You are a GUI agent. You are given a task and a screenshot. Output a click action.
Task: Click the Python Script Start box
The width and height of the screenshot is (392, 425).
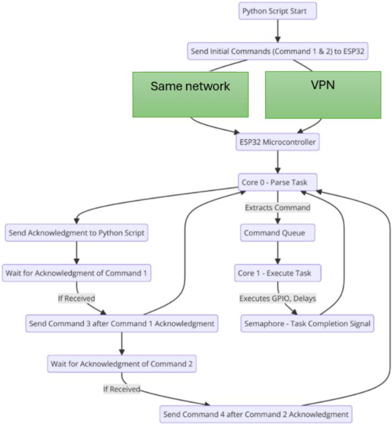(278, 11)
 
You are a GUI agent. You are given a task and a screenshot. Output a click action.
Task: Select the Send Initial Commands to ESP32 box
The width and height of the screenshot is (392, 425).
(278, 51)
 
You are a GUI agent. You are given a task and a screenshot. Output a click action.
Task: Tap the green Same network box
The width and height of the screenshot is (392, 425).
(190, 95)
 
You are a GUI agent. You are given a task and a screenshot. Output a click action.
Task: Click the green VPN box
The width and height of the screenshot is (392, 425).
(323, 95)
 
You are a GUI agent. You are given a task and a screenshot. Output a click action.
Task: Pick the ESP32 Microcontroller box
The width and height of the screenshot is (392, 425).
(278, 142)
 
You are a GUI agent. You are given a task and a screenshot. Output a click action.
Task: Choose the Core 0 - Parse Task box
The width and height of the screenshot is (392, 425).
(278, 182)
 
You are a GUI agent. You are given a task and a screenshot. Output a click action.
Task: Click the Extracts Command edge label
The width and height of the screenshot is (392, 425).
(278, 208)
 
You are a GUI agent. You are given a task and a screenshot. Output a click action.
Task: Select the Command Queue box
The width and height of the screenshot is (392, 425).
(278, 233)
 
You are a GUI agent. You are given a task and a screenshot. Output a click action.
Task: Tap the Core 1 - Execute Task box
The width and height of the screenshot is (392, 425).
(278, 273)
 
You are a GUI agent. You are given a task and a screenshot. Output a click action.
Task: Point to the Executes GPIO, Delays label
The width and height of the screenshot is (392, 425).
(278, 299)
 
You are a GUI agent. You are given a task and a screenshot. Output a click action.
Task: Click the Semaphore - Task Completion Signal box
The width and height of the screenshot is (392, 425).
(307, 324)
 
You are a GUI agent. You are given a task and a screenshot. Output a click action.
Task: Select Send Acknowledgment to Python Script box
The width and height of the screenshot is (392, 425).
(76, 233)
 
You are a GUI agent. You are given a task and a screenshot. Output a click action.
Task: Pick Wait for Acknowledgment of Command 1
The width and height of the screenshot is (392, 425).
(76, 273)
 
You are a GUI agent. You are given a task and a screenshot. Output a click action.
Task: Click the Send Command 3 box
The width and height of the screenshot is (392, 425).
(122, 324)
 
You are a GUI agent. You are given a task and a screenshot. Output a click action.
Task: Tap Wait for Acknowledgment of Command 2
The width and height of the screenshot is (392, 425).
(122, 363)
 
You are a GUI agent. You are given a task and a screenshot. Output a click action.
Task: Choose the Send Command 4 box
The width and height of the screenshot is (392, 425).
(256, 414)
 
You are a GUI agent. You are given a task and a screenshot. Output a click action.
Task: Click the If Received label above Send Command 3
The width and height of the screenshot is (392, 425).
(76, 299)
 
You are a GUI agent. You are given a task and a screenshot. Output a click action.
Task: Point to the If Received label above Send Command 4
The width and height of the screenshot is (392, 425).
(122, 389)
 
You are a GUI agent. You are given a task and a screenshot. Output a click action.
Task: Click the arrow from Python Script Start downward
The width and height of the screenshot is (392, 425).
(278, 31)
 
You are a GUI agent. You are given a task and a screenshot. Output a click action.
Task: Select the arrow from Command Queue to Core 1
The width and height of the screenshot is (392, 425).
(278, 253)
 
